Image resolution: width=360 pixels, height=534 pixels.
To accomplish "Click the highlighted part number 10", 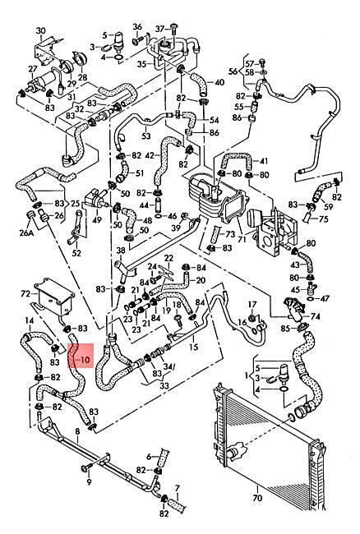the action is (x=85, y=359).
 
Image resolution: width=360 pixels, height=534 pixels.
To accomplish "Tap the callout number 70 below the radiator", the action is (x=258, y=498).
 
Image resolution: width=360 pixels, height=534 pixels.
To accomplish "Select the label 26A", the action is (x=26, y=233).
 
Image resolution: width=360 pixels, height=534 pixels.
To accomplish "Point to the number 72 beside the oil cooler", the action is (x=25, y=293).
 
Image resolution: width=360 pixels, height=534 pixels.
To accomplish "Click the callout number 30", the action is (x=40, y=30).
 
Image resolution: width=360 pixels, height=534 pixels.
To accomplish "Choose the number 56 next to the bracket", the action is (x=233, y=71).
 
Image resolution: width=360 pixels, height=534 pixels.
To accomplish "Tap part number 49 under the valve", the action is (x=97, y=219).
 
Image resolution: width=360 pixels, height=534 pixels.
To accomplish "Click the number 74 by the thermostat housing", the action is (x=316, y=316).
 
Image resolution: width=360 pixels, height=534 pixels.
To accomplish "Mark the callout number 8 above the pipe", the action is (x=77, y=431).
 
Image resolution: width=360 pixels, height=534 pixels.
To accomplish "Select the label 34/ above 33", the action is (x=168, y=366).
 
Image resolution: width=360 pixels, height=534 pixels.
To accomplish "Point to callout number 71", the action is (x=242, y=239).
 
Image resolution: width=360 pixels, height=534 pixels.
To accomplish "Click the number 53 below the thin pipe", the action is (x=145, y=136).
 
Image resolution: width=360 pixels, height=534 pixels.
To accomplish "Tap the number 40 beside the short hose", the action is (x=219, y=82).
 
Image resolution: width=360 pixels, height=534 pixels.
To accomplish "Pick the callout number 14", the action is (x=30, y=320).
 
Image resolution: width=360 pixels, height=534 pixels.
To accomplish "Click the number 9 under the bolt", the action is (x=89, y=481).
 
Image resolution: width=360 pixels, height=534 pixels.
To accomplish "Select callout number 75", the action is (x=324, y=219).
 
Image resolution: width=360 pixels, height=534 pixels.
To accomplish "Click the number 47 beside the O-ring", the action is (x=325, y=298).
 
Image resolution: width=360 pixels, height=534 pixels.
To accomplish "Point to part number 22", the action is (x=168, y=258).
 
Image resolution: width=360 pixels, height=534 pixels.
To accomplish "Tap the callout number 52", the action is (x=77, y=253).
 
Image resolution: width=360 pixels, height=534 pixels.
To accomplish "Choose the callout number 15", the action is (x=193, y=347).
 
